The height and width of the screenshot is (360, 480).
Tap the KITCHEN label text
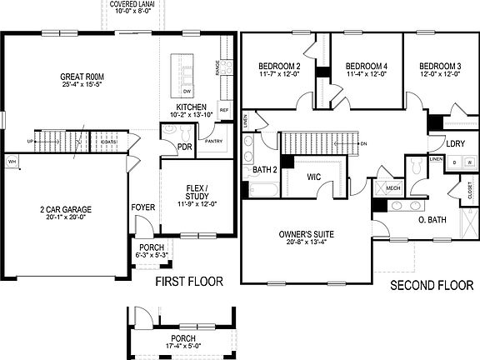coord(192,106)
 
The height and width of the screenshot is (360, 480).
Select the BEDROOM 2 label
coord(279,66)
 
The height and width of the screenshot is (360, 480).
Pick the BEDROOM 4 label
coord(366,66)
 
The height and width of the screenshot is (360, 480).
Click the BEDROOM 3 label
coord(440,66)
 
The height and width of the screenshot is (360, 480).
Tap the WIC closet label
coord(314,177)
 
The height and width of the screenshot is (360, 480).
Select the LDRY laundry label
coord(455,143)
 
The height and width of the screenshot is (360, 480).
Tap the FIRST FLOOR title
coord(190,282)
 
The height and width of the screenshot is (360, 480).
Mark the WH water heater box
coord(12,161)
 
